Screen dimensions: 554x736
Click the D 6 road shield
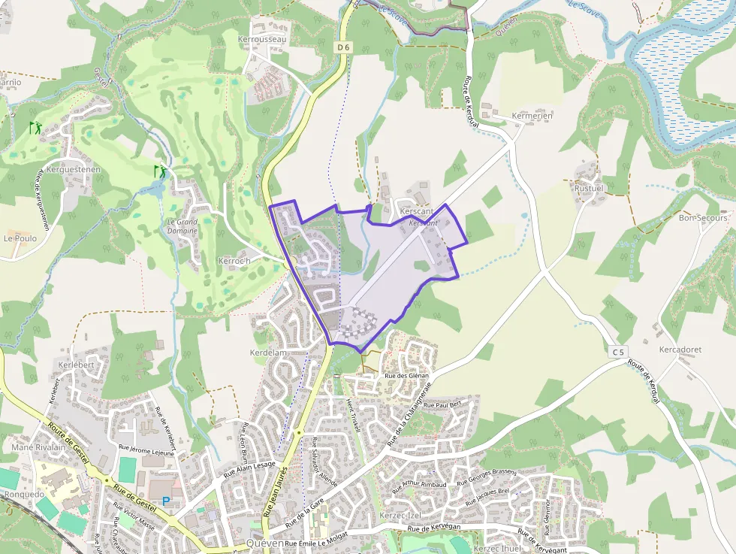pos(343,47)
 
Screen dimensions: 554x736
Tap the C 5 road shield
pos(617,352)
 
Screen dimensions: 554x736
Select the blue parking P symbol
pos(166,501)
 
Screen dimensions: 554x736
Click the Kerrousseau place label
pos(261,38)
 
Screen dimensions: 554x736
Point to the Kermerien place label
pos(532,116)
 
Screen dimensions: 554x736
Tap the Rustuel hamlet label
pos(589,187)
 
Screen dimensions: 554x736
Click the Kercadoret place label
pos(680,350)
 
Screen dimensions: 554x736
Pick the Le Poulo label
pos(20,238)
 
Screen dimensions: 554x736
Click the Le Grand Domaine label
pos(182,226)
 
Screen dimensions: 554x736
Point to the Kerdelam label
pos(269,353)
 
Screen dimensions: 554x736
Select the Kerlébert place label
pos(75,365)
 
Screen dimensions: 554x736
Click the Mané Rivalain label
pos(35,447)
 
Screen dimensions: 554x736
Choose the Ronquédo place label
pos(25,495)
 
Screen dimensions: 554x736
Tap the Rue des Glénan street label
pos(406,376)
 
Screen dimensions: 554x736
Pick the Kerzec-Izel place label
pos(400,516)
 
